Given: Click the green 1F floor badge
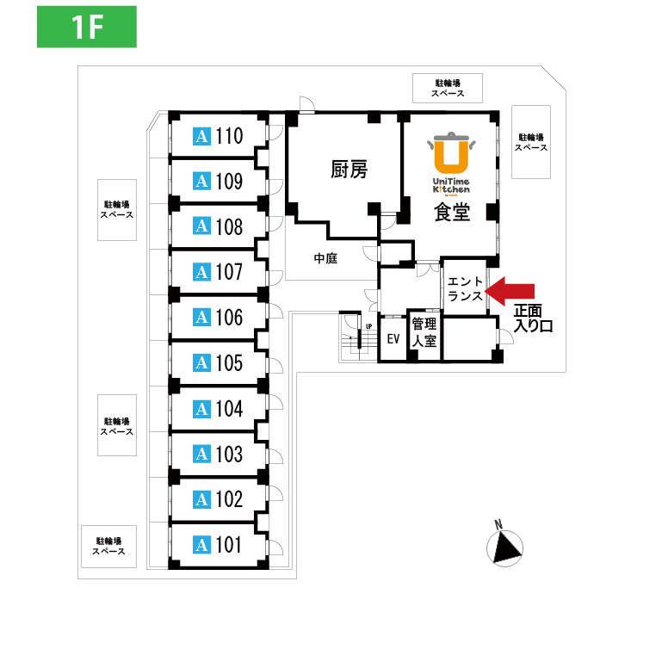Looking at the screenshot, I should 87,27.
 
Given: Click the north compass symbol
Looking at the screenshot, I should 504,546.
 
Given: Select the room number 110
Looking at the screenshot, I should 230,136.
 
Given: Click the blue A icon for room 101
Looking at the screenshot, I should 202,545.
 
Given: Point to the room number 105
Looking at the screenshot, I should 230,363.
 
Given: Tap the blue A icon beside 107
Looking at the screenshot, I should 202,272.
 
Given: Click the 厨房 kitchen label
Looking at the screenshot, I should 349,170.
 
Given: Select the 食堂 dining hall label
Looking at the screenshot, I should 452,212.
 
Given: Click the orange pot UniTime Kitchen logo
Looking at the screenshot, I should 451,152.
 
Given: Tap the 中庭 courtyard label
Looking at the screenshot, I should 325,257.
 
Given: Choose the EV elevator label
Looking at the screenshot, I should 393,338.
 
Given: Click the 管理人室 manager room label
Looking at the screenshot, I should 424,332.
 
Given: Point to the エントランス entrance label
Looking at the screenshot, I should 466,288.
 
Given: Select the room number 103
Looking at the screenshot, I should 230,454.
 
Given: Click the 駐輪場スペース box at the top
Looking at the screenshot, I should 448,88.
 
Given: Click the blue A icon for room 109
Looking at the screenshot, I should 202,182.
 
